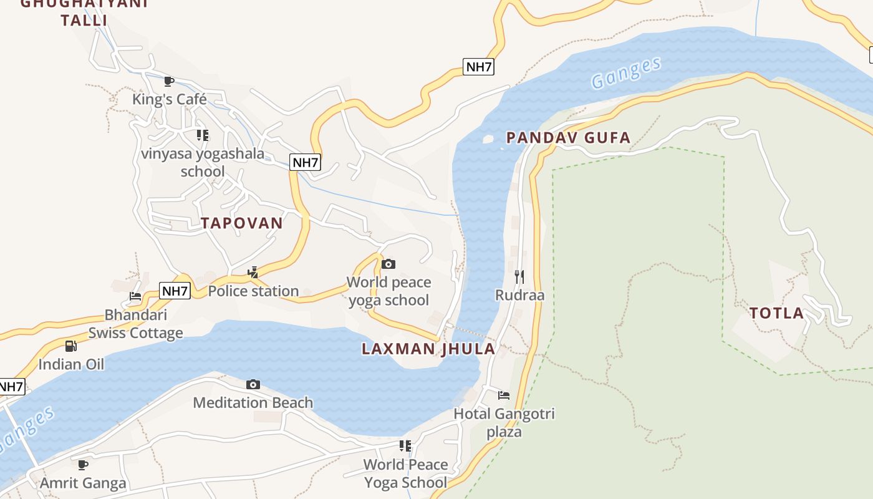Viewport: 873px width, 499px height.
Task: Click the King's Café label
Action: [x=169, y=99]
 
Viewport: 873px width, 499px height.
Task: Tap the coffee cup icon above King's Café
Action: [x=168, y=81]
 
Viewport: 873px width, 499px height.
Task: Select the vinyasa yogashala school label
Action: [x=203, y=162]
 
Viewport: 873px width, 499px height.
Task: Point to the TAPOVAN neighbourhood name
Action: [x=242, y=223]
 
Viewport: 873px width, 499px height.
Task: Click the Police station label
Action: [x=253, y=291]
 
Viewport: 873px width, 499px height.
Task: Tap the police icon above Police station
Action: [x=253, y=272]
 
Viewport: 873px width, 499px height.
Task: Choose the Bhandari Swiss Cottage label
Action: [x=135, y=324]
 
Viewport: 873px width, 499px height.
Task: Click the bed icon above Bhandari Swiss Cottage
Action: [x=135, y=296]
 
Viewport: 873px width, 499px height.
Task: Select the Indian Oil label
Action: [x=71, y=364]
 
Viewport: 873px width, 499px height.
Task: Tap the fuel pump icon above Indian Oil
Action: [x=71, y=346]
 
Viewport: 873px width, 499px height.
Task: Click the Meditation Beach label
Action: [x=253, y=402]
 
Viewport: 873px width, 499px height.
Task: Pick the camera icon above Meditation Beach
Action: [x=253, y=384]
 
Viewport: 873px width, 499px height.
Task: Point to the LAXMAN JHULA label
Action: [x=428, y=349]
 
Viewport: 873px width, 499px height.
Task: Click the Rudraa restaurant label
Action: [x=519, y=294]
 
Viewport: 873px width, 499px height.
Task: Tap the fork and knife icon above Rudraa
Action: [x=519, y=276]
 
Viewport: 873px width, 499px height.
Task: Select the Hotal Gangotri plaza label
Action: [x=504, y=422]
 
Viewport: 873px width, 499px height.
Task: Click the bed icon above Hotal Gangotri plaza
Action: [x=504, y=395]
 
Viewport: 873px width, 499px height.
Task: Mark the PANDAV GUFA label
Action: [x=568, y=138]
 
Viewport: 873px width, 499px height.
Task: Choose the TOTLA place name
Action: [x=776, y=313]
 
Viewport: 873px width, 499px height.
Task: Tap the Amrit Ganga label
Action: [x=83, y=483]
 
